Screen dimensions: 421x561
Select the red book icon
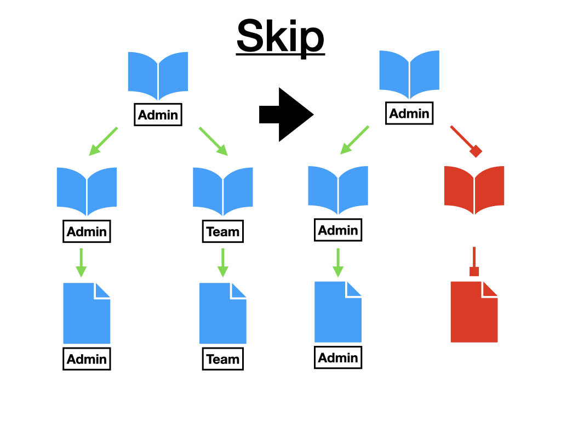pyautogui.click(x=474, y=190)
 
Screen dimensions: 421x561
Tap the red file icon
pyautogui.click(x=474, y=312)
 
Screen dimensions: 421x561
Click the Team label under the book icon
pyautogui.click(x=223, y=231)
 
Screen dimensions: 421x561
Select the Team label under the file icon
pyautogui.click(x=223, y=359)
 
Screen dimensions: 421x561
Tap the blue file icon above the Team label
pyautogui.click(x=222, y=313)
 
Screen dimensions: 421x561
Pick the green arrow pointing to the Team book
pyautogui.click(x=213, y=140)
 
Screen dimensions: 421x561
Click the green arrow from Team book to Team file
pyautogui.click(x=222, y=263)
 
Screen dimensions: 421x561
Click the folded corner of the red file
pyautogui.click(x=489, y=289)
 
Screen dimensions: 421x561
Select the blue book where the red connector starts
pyautogui.click(x=409, y=75)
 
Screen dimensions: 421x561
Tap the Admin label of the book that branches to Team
pyautogui.click(x=158, y=115)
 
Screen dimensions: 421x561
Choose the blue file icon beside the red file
pyautogui.click(x=338, y=312)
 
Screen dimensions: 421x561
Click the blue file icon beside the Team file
pyautogui.click(x=87, y=313)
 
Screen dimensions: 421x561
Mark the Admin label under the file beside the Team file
pyautogui.click(x=87, y=359)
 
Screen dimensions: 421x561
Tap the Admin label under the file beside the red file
pyautogui.click(x=338, y=357)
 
